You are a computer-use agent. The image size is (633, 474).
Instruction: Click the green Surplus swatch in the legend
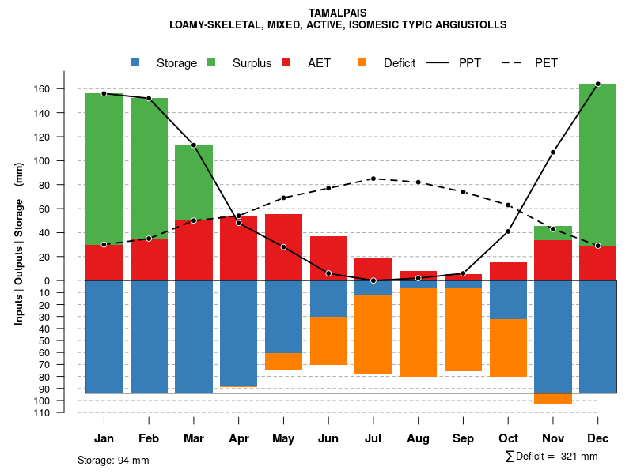click(x=211, y=62)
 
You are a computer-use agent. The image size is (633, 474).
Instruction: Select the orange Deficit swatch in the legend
click(x=362, y=62)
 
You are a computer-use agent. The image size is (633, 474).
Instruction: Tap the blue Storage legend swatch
click(x=135, y=62)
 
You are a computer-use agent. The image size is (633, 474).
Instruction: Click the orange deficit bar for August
click(x=418, y=332)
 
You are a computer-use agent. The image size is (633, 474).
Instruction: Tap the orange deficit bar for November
click(x=553, y=399)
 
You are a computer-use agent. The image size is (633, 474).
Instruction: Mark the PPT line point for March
click(x=194, y=145)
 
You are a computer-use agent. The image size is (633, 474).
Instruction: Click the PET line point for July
click(x=373, y=179)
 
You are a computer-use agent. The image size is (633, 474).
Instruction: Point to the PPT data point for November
click(x=553, y=152)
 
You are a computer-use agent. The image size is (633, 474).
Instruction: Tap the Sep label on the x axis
click(x=463, y=438)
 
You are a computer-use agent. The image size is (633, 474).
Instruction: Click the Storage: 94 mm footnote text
click(x=113, y=460)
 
